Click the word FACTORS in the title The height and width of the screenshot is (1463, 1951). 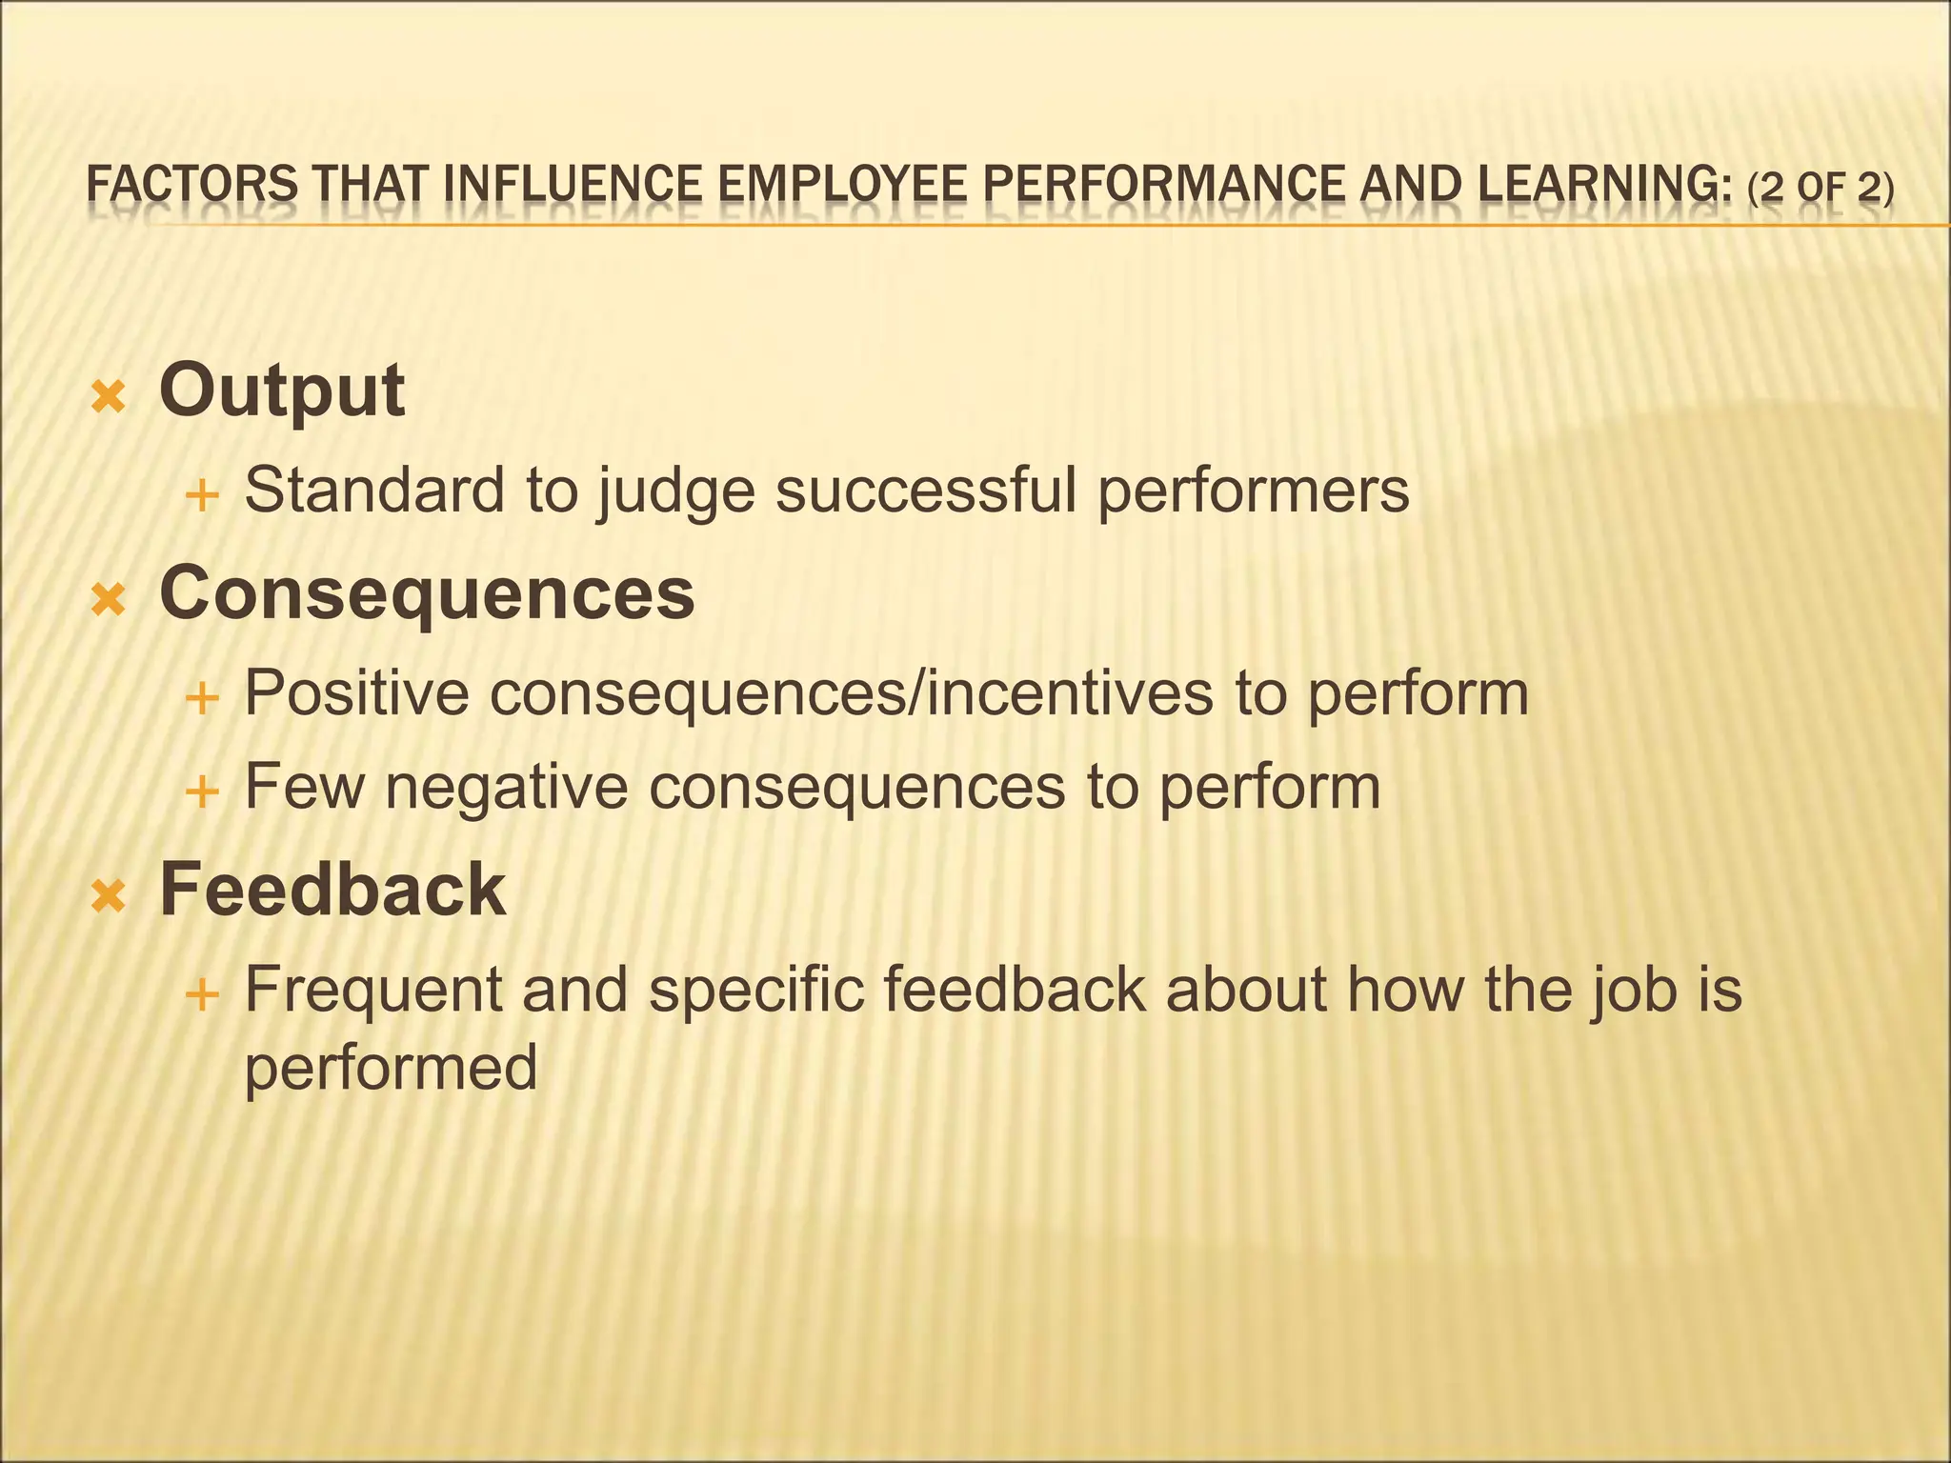[191, 185]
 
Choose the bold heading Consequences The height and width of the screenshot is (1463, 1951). [427, 592]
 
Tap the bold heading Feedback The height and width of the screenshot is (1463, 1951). [332, 890]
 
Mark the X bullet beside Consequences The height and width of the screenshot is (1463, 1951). [109, 600]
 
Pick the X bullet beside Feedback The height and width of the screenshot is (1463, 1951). [109, 896]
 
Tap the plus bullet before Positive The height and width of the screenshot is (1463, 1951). [201, 699]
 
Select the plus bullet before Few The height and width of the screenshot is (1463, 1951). [201, 792]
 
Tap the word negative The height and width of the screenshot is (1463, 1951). [506, 788]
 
